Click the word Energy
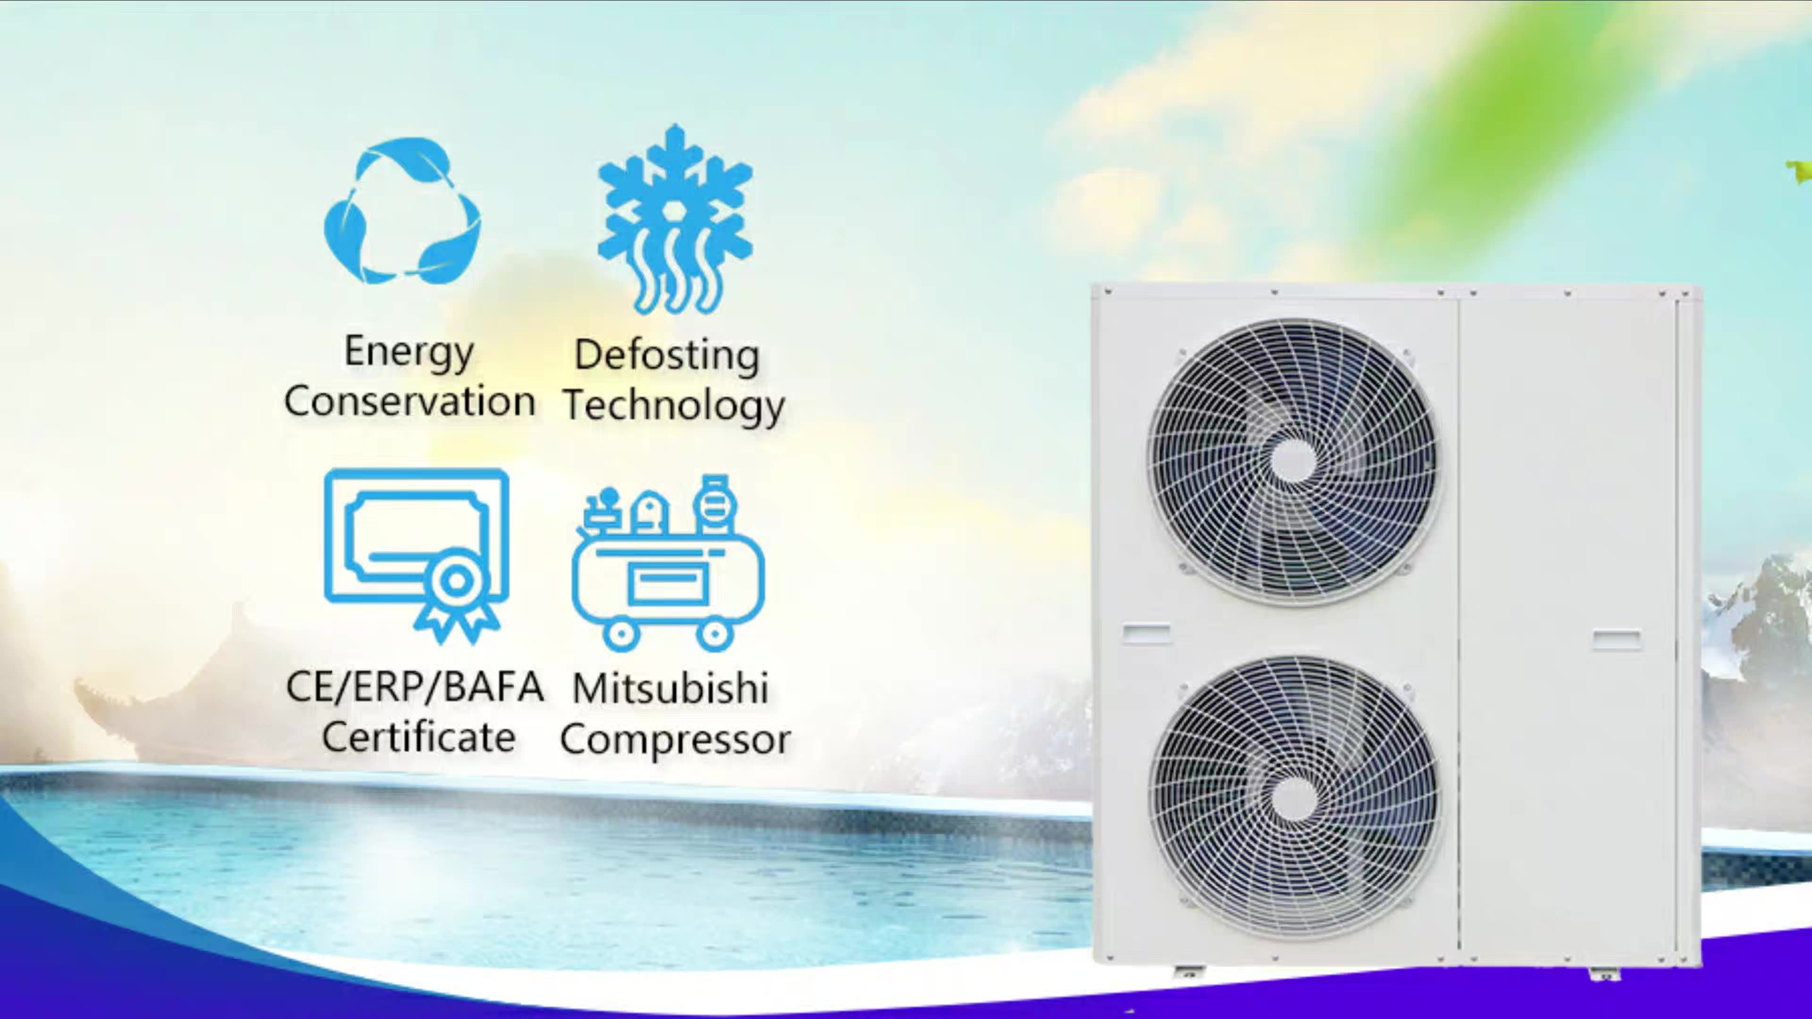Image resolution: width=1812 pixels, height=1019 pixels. coord(408,351)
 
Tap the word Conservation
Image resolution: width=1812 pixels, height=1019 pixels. coord(410,401)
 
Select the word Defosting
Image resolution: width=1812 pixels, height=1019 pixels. coord(667,355)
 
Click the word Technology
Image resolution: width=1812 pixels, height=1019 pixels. coord(674,406)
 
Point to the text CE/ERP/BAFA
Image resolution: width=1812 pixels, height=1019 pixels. coord(415,686)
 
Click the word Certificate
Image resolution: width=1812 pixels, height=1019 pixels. coord(419,737)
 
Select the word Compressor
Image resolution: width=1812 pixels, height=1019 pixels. coord(675,740)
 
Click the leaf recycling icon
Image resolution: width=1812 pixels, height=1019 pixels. coord(403,211)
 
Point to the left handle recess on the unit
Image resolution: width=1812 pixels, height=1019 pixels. coord(1147,633)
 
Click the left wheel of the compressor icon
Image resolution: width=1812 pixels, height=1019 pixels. coord(621,635)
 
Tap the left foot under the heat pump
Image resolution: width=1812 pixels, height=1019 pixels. coord(1189,973)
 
